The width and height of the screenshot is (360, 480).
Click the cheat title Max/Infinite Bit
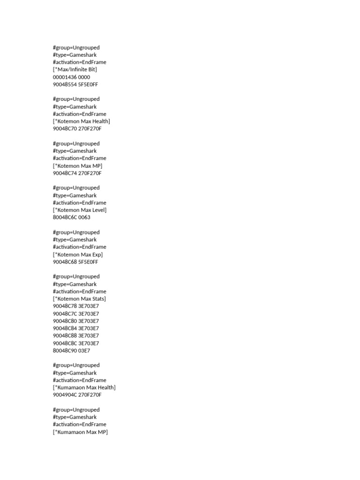tap(75, 69)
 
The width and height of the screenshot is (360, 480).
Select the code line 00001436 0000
tap(71, 77)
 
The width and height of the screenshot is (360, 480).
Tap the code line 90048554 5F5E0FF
tap(75, 84)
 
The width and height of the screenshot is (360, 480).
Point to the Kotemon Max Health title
tap(82, 121)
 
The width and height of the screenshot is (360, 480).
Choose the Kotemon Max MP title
tap(78, 165)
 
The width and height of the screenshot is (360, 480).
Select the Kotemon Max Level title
tap(80, 210)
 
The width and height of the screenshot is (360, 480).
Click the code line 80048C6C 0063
tap(71, 217)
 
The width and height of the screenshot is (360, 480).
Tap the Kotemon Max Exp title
tap(78, 255)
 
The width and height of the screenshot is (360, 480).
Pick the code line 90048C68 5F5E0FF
tap(75, 262)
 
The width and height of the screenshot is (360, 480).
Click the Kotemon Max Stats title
tap(79, 299)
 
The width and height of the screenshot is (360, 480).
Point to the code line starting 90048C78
tap(76, 306)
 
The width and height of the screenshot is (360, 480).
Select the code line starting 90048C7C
tap(76, 314)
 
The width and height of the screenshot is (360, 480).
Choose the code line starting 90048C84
tap(76, 328)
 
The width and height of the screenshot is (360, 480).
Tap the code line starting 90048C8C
tap(76, 343)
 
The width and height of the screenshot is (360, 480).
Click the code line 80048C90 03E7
tap(71, 351)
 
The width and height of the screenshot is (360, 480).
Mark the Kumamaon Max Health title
tap(84, 388)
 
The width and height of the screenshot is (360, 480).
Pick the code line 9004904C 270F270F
tap(77, 395)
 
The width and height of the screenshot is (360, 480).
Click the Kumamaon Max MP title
tap(80, 432)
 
